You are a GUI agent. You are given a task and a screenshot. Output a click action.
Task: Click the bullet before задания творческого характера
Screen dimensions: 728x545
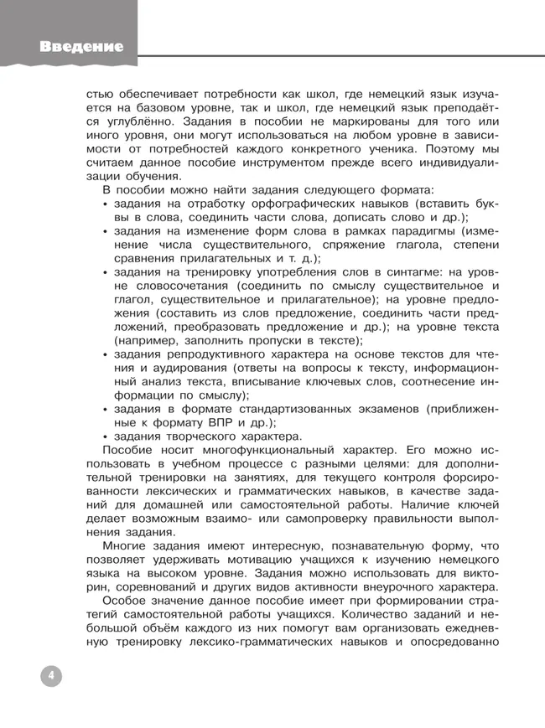coord(105,436)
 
